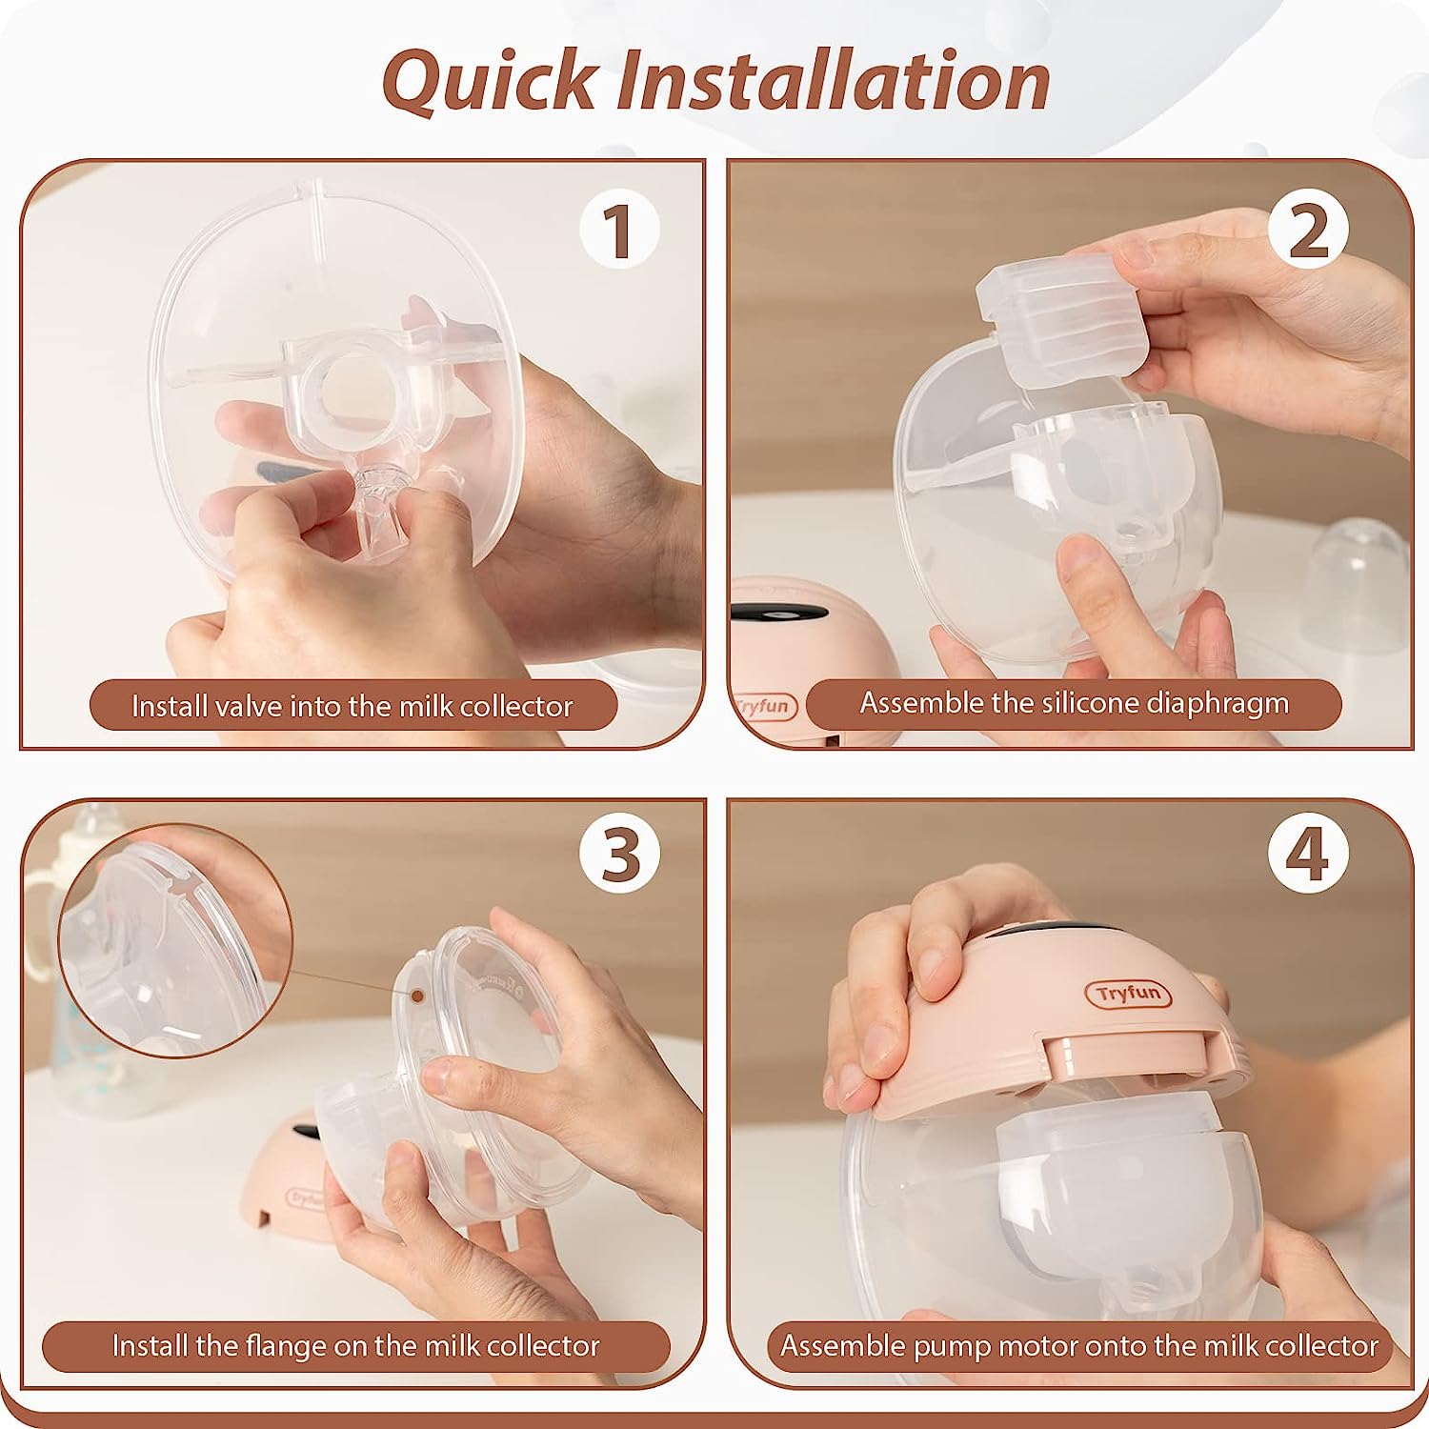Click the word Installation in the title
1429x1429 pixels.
pyautogui.click(x=834, y=80)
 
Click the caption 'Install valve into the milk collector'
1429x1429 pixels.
pyautogui.click(x=352, y=706)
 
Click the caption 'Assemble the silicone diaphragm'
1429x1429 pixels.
pyautogui.click(x=1074, y=703)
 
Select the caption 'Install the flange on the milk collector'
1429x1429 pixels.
pyautogui.click(x=355, y=1345)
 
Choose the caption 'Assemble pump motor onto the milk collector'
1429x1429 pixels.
pyautogui.click(x=1079, y=1345)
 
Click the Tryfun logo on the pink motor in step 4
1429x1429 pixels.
pyautogui.click(x=1128, y=994)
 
